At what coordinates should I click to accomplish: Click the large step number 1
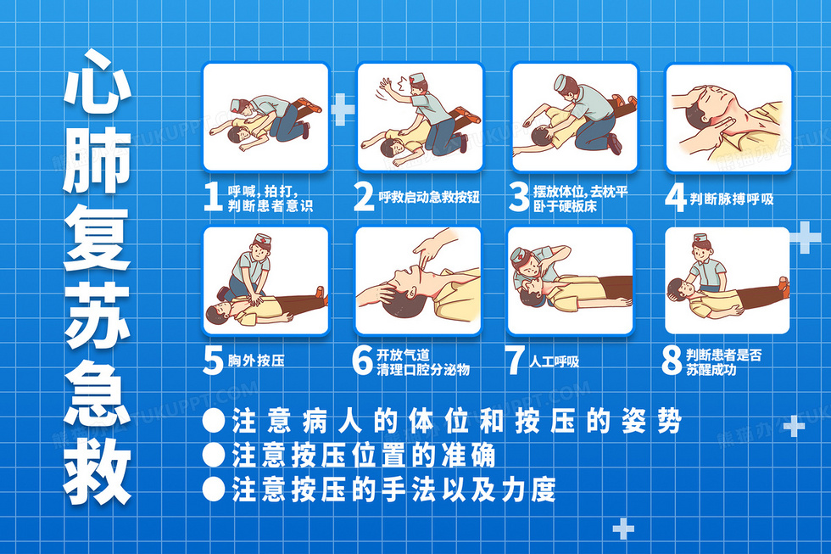click(x=213, y=197)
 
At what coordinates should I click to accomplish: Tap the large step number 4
click(x=676, y=199)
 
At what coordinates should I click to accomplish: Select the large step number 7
click(x=515, y=361)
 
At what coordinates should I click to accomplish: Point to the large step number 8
click(x=672, y=361)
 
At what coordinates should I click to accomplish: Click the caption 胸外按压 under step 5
click(x=256, y=361)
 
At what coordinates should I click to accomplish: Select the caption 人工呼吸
click(x=554, y=361)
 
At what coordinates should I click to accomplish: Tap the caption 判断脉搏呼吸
click(x=731, y=199)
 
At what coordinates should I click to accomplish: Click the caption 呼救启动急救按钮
click(x=429, y=197)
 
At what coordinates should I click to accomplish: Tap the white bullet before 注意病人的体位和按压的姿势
click(x=214, y=421)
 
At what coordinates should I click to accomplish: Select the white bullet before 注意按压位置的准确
click(x=214, y=455)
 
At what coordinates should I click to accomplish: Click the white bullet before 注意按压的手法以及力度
click(x=214, y=489)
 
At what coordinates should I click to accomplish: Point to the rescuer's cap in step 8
click(x=701, y=239)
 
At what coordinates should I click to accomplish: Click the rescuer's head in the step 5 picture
click(x=261, y=247)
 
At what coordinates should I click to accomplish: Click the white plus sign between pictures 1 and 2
click(x=343, y=109)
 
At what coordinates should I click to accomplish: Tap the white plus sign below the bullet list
click(x=623, y=528)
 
